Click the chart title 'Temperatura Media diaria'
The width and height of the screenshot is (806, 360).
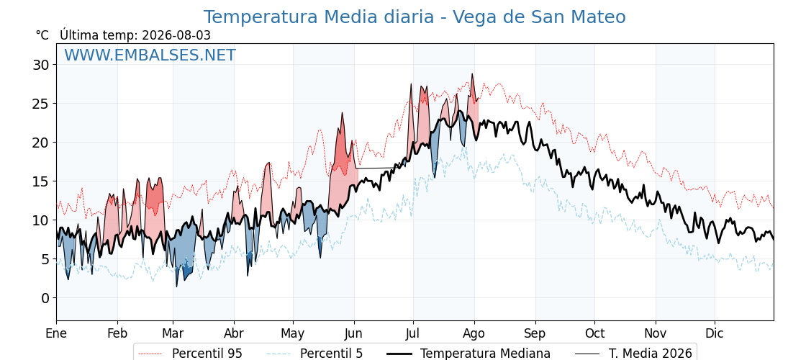pos(319,17)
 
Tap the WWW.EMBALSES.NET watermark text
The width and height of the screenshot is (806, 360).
pos(150,55)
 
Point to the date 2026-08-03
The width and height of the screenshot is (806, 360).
pos(176,35)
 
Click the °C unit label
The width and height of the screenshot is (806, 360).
pos(42,35)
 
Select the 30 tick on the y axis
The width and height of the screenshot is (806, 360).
pos(42,65)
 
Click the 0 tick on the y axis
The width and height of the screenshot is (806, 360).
pos(46,298)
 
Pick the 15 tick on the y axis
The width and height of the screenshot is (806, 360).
pos(42,181)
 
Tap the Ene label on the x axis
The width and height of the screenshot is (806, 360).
pos(57,333)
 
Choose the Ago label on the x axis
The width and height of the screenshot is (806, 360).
pos(474,333)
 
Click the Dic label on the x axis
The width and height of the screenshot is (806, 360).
pos(715,333)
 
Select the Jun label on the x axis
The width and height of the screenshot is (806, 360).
pos(354,333)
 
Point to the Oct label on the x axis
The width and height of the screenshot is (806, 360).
pos(594,333)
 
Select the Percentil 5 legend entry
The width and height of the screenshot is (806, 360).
pos(315,354)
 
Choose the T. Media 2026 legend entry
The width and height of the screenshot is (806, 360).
pos(634,354)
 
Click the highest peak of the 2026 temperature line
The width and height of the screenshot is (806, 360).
pos(472,73)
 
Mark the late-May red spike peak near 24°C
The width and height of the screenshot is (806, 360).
pos(342,112)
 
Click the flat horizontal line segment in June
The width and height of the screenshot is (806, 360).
pos(375,168)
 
